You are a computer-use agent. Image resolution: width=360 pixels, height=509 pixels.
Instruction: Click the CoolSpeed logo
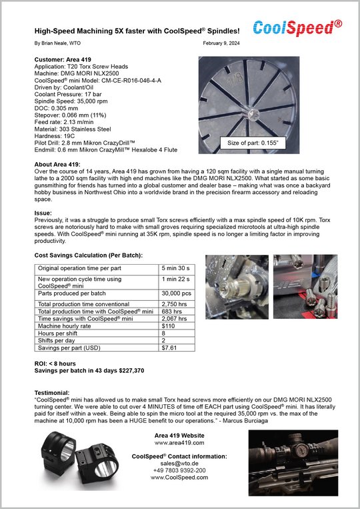pos(297,28)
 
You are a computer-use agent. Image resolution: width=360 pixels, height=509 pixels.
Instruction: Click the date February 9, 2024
pos(221,43)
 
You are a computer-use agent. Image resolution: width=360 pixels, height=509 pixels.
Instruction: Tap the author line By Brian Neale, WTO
pos(57,43)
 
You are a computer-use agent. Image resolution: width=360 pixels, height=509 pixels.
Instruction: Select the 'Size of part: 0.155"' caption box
pos(253,143)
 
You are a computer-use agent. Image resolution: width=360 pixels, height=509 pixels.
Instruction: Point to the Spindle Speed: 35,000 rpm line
pos(71,101)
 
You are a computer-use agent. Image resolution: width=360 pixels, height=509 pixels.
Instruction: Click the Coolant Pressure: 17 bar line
pos(68,94)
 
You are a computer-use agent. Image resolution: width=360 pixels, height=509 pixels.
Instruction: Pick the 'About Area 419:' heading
pos(57,164)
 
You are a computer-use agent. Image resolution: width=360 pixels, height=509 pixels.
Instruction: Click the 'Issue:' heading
pos(43,213)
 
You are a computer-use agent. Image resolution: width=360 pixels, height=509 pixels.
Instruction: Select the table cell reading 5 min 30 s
pos(176,268)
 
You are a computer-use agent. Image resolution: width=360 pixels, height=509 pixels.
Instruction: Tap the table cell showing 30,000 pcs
pos(177,294)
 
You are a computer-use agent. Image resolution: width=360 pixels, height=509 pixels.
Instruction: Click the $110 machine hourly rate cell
pos(168,326)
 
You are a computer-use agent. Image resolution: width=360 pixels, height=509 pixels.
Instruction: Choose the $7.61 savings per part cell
pos(169,348)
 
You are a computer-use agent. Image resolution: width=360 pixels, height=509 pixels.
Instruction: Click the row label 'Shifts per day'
pos(57,340)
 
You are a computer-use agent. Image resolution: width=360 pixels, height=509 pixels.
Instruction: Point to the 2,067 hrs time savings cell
pos(175,319)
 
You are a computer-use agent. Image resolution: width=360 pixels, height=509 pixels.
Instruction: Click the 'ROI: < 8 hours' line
pos(55,364)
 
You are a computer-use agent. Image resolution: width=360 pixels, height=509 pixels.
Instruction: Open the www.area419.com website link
pos(179,443)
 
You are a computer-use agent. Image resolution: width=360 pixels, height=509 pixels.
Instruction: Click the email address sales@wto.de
pos(179,464)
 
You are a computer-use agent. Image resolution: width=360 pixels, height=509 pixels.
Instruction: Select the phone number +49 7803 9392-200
pos(179,470)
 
